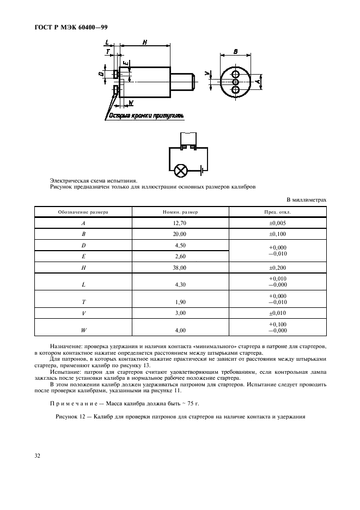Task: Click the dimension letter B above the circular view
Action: [236, 51]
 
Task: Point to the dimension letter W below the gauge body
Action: [131, 102]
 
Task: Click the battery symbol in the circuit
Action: [202, 171]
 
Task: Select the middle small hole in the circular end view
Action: [236, 82]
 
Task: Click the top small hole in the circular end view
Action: [236, 74]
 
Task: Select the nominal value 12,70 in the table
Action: [180, 223]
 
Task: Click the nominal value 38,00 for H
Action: [180, 268]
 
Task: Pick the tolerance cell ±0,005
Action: [277, 223]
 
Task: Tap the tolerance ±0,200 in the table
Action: [277, 268]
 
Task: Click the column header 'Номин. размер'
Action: [180, 211]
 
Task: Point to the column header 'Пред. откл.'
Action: [277, 211]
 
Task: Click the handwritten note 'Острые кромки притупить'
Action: [147, 116]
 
